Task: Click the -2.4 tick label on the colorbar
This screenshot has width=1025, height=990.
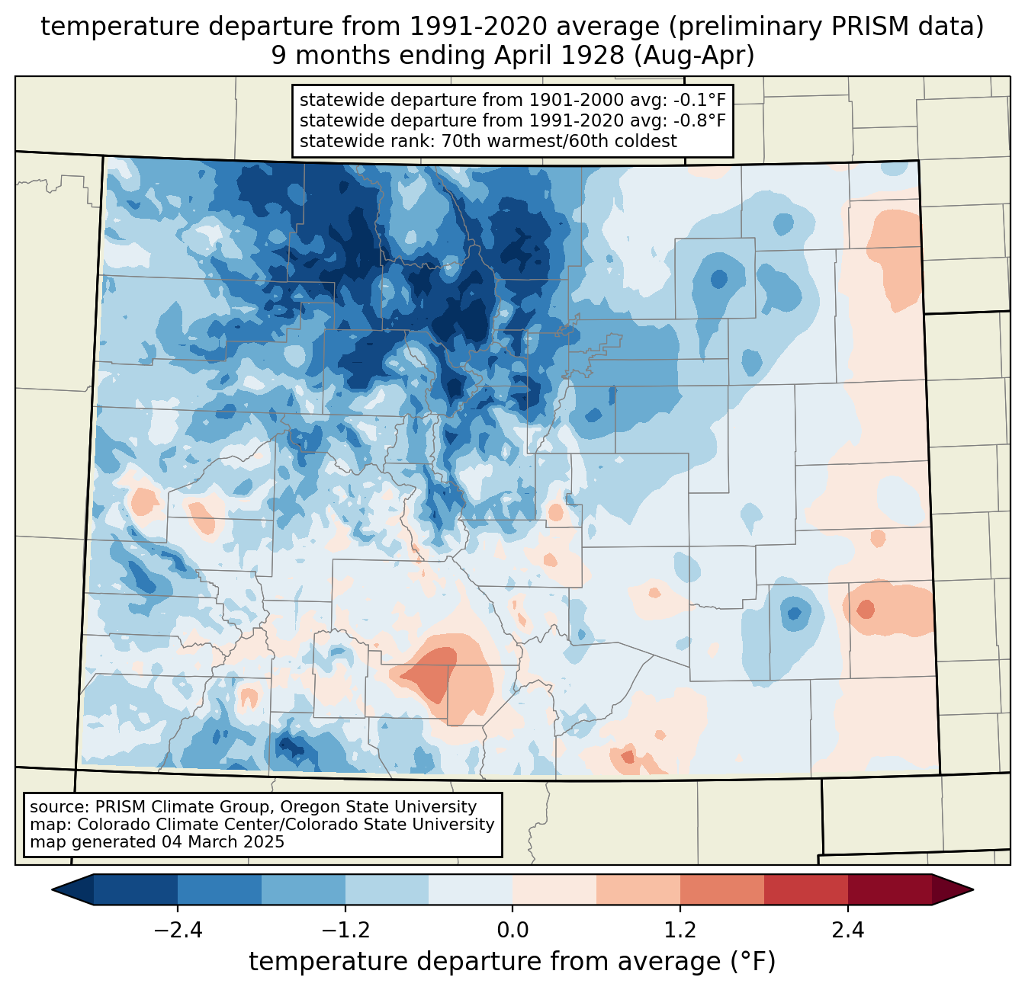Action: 178,931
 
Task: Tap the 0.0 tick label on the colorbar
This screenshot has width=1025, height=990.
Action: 512,931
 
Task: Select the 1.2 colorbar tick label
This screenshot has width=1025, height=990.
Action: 680,931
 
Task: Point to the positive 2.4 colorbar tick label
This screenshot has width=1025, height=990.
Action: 848,931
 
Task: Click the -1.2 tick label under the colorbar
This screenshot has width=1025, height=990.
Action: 345,931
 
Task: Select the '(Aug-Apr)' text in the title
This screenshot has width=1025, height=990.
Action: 694,56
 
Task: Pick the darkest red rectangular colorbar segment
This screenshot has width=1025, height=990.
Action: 890,890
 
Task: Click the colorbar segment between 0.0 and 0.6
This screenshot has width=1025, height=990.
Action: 554,890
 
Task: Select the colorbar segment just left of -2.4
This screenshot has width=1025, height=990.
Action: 135,890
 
